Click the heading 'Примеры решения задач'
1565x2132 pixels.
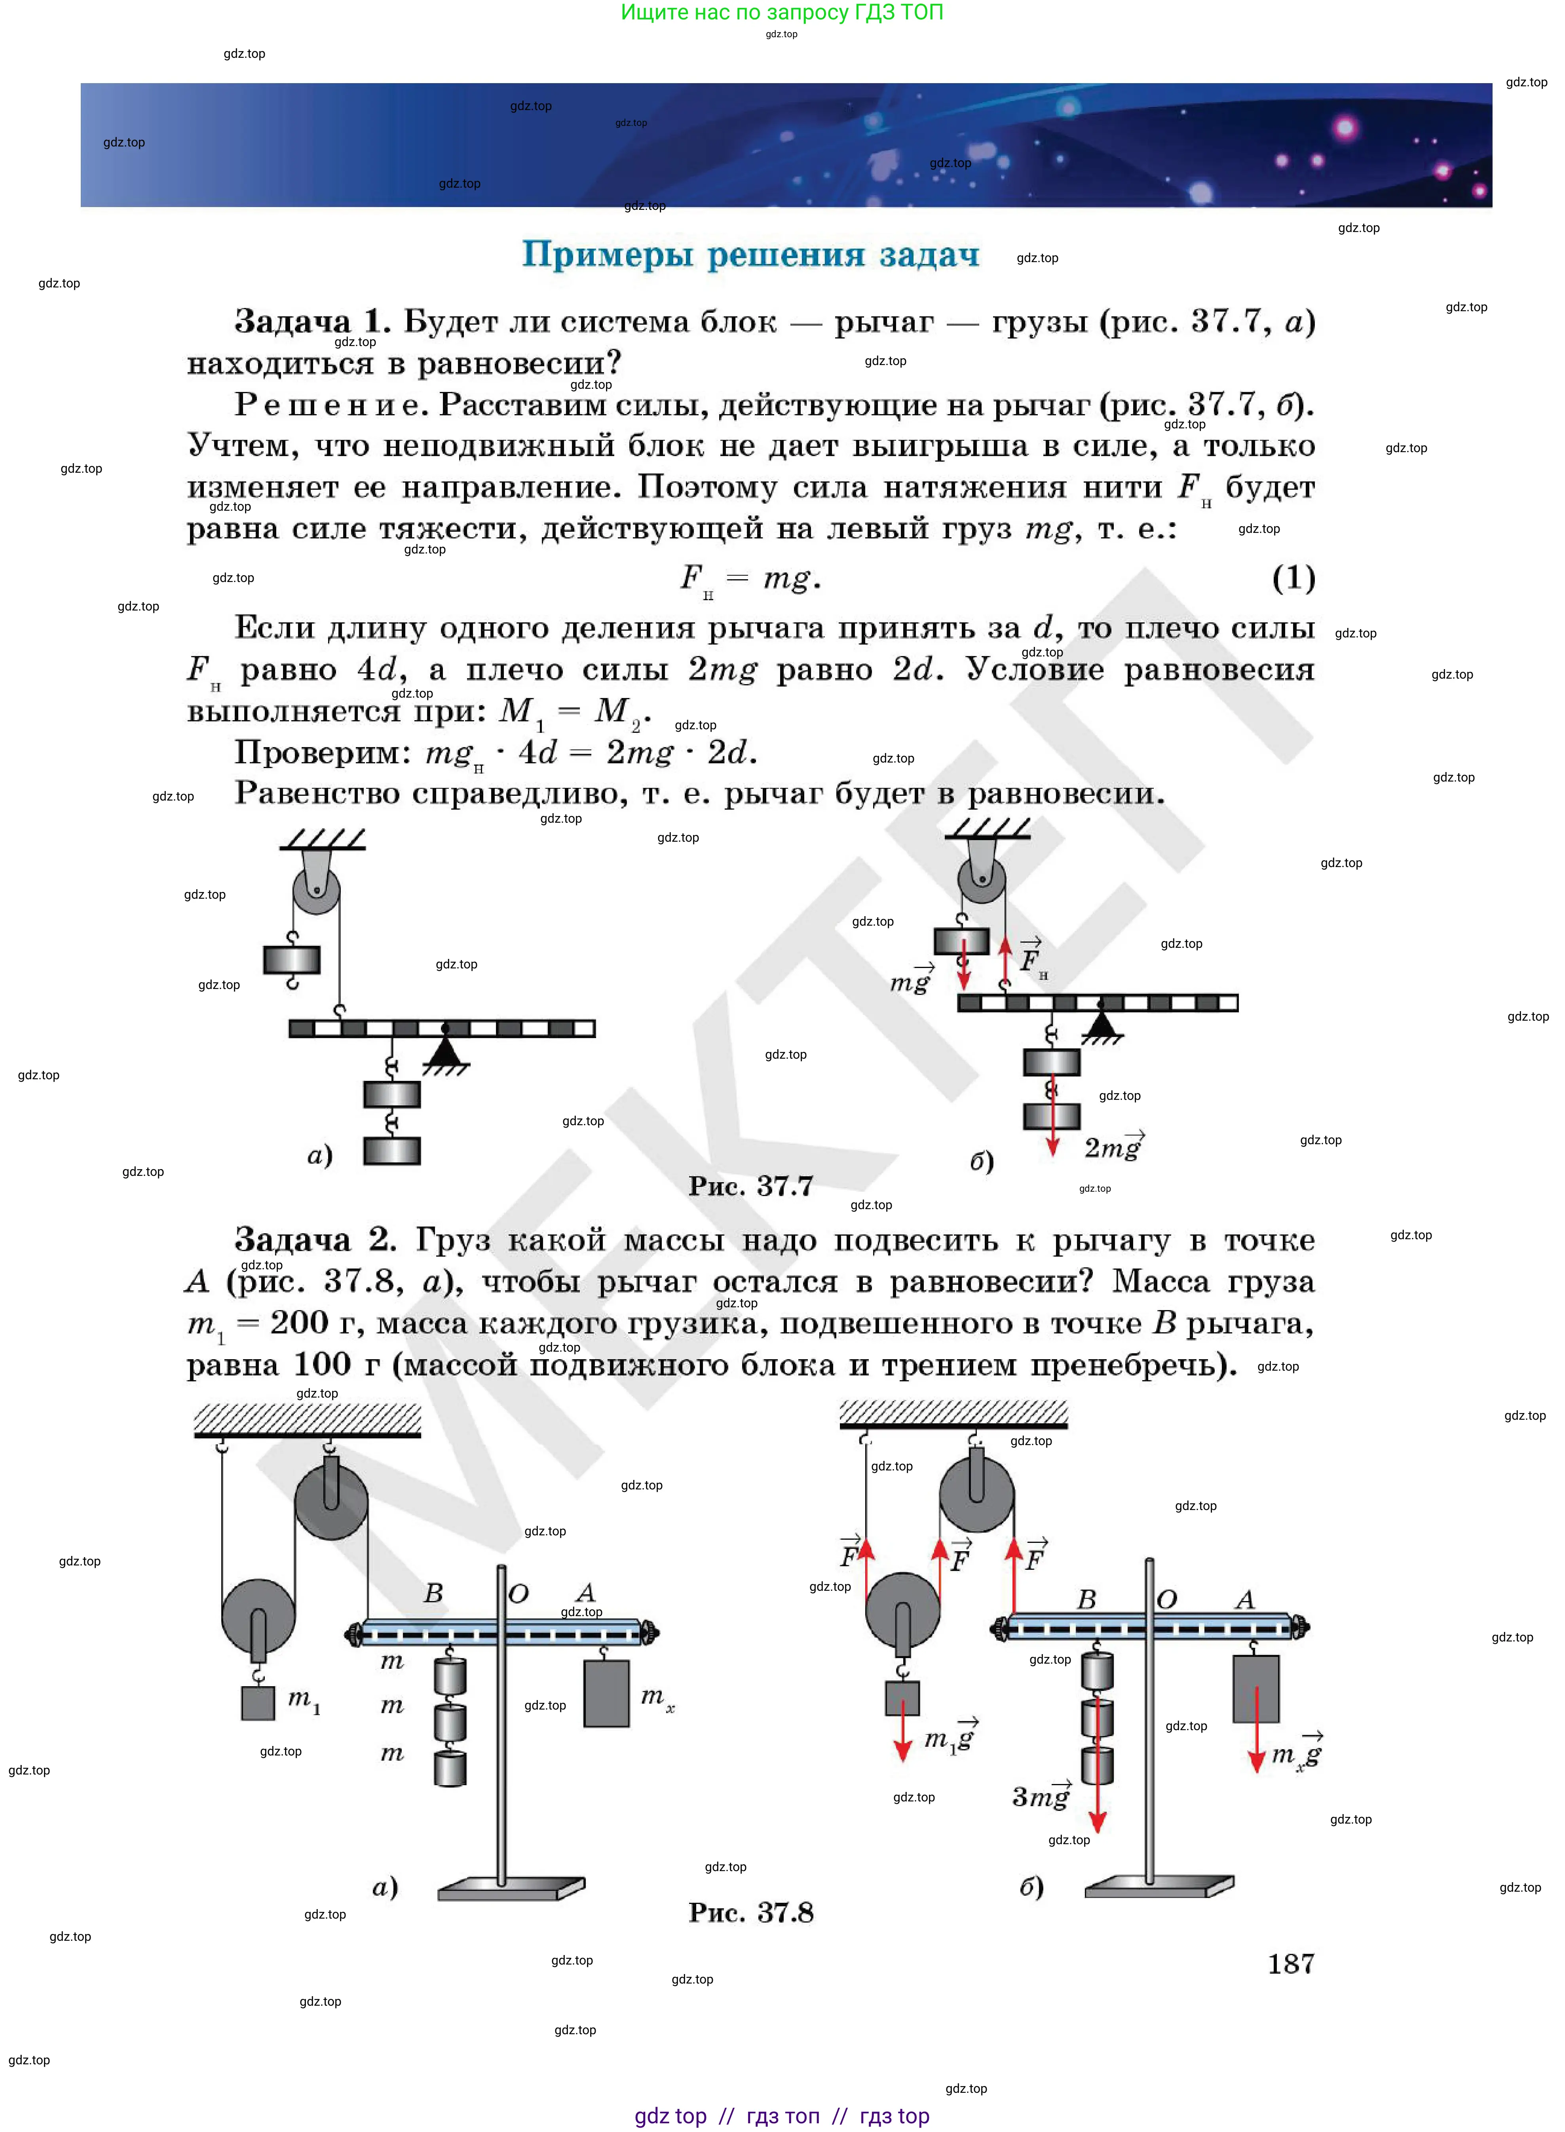click(750, 255)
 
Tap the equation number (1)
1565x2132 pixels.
click(1293, 577)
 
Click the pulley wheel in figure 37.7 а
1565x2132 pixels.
click(315, 891)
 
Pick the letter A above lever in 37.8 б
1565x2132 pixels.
click(1245, 1599)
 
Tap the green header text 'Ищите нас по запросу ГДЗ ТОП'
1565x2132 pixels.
click(782, 12)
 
